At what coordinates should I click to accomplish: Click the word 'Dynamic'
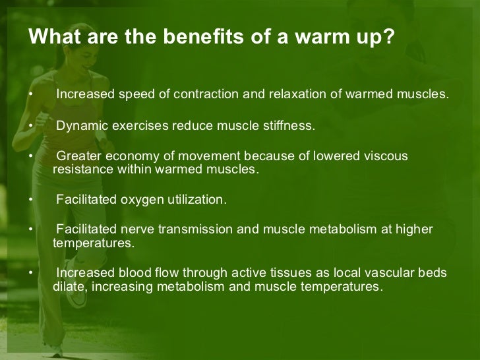(x=81, y=126)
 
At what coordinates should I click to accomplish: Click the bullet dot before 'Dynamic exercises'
(x=30, y=126)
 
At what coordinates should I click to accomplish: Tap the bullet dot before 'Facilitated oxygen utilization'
(x=30, y=200)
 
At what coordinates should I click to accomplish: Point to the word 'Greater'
(x=79, y=157)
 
